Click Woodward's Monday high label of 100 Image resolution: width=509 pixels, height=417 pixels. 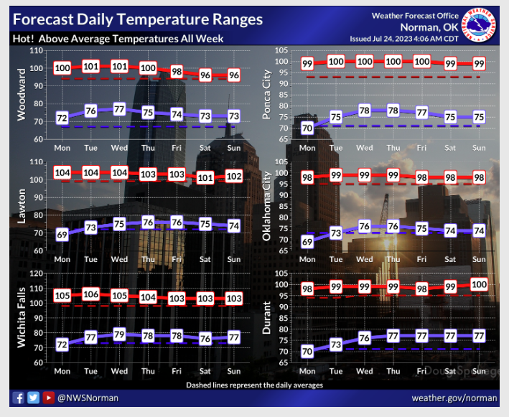click(62, 68)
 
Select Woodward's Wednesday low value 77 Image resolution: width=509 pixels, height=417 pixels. click(119, 110)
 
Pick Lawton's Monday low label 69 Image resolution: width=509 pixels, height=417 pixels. click(62, 235)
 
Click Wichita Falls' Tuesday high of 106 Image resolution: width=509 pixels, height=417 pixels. click(90, 294)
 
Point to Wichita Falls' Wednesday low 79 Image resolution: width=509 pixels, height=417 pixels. click(119, 334)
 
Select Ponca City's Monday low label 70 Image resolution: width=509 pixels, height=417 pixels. click(307, 128)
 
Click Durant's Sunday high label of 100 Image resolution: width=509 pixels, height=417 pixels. click(478, 285)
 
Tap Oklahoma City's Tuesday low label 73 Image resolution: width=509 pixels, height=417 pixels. click(336, 233)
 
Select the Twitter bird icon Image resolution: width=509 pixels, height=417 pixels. click(33, 397)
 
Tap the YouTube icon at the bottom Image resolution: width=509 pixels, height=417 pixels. click(48, 397)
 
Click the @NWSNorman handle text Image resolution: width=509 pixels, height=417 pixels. click(88, 397)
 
